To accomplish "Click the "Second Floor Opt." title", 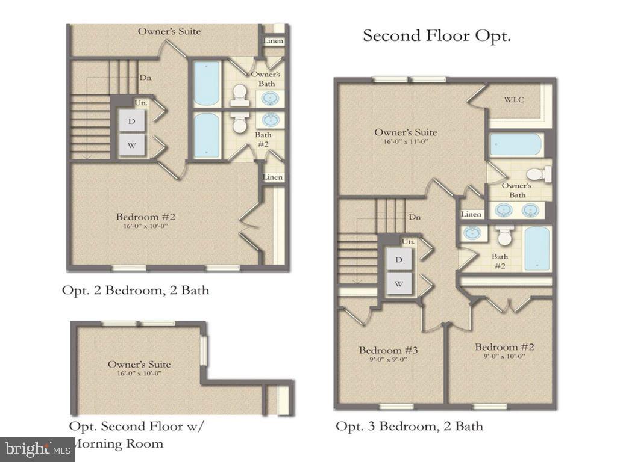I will [x=436, y=35].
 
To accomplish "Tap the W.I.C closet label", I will [x=514, y=99].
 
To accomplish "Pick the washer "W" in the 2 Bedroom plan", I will [x=132, y=144].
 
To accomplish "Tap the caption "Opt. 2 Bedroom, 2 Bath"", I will [x=136, y=290].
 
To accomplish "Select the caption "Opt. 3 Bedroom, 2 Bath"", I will [x=409, y=427].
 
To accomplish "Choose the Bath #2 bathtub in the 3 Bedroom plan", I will [x=536, y=248].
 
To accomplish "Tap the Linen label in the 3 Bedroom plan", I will [x=471, y=214].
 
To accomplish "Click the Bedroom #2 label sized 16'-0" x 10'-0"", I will [x=145, y=217].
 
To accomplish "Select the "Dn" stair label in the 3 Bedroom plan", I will [x=414, y=217].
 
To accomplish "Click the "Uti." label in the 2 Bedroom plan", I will [x=141, y=103].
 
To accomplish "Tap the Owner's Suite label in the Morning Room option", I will [x=139, y=364].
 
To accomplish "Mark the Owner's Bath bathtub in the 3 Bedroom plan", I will [x=515, y=145].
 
